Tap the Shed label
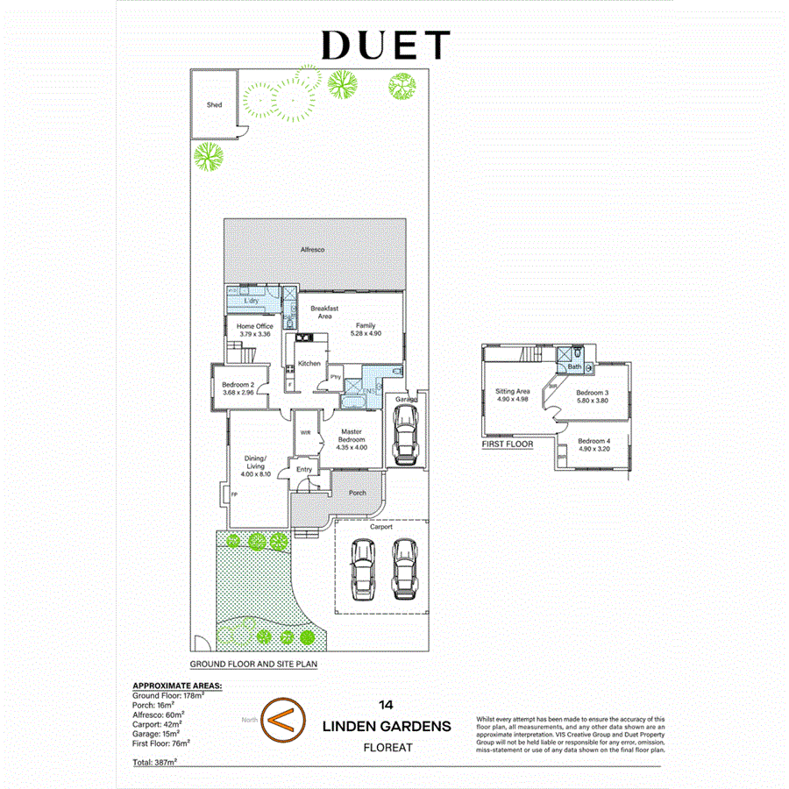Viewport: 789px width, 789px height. (x=214, y=105)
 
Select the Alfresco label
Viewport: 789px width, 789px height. (x=313, y=251)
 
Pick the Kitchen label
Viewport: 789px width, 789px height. (x=309, y=363)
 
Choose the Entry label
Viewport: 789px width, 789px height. (x=304, y=470)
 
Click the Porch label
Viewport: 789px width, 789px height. (x=358, y=493)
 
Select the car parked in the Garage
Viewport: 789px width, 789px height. (x=405, y=437)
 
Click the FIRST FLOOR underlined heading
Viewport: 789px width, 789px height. (x=508, y=444)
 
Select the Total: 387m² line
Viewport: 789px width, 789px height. (x=154, y=763)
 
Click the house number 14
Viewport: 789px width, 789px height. (x=386, y=704)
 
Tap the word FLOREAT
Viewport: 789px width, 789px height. (x=387, y=748)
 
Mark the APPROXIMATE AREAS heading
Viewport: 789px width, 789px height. (x=176, y=686)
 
